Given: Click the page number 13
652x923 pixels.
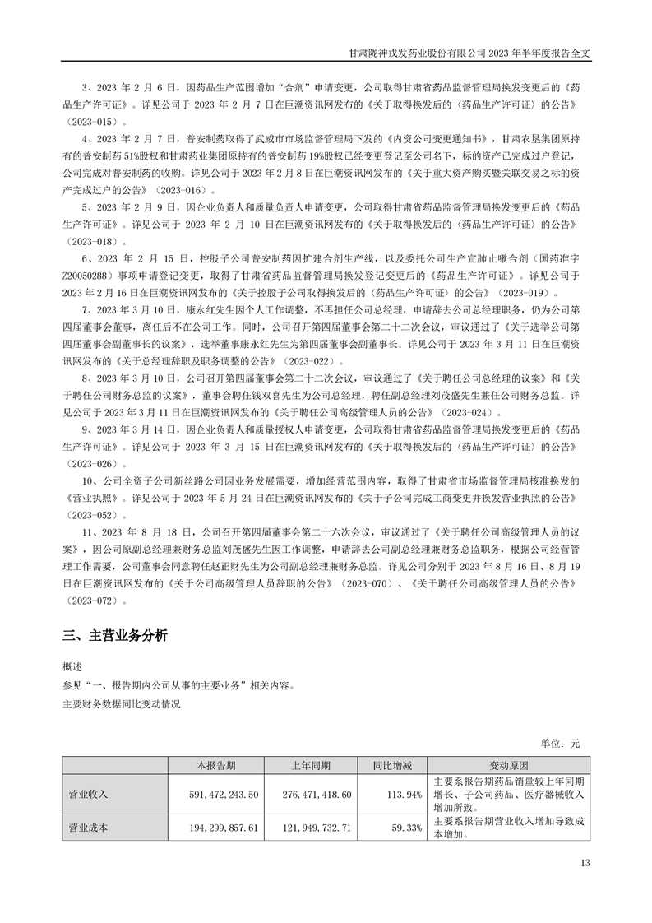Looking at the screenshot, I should tap(585, 863).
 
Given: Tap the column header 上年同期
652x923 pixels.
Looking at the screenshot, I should tap(312, 765).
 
